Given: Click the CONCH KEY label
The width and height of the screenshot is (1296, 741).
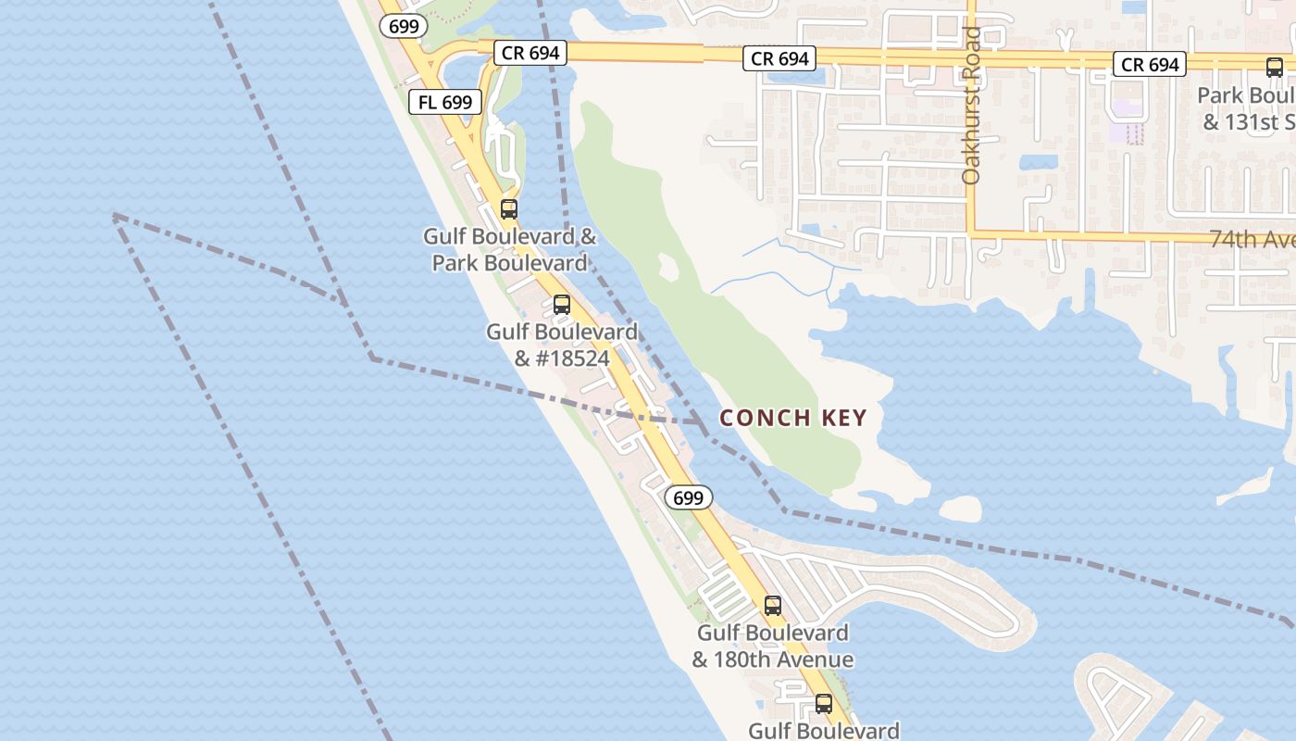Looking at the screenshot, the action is [x=793, y=418].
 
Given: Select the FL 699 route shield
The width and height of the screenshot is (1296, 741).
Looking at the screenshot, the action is [x=445, y=102].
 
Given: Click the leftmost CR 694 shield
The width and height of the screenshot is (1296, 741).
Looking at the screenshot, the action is [x=530, y=53].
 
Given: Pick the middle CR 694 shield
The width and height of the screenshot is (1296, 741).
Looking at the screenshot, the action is [x=780, y=58].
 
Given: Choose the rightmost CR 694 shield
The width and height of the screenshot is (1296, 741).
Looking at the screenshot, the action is [x=1151, y=64].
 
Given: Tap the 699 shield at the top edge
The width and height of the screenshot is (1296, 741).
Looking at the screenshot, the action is [x=404, y=26].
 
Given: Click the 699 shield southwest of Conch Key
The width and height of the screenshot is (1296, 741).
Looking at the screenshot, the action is [x=689, y=497].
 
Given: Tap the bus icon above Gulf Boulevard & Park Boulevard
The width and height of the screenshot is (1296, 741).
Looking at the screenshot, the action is [x=509, y=208].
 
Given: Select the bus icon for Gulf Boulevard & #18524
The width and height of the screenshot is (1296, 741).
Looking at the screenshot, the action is [x=562, y=304].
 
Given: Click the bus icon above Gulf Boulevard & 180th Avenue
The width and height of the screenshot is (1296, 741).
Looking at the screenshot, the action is [x=773, y=606].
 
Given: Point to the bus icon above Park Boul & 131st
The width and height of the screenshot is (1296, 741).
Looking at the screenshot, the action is [x=1275, y=67].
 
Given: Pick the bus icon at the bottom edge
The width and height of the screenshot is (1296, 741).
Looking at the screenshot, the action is [x=824, y=704].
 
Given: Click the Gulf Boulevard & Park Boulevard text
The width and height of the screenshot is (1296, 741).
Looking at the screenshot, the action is [x=510, y=249].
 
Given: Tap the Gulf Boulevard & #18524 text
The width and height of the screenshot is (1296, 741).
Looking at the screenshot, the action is [x=562, y=345].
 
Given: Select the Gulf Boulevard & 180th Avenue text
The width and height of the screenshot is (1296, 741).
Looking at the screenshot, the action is [x=773, y=647].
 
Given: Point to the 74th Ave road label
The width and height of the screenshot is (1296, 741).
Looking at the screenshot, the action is [x=1252, y=239].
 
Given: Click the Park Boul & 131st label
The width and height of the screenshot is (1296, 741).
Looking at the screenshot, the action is [x=1246, y=108].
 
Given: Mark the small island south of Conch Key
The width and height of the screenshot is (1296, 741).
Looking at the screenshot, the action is [x=961, y=508].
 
